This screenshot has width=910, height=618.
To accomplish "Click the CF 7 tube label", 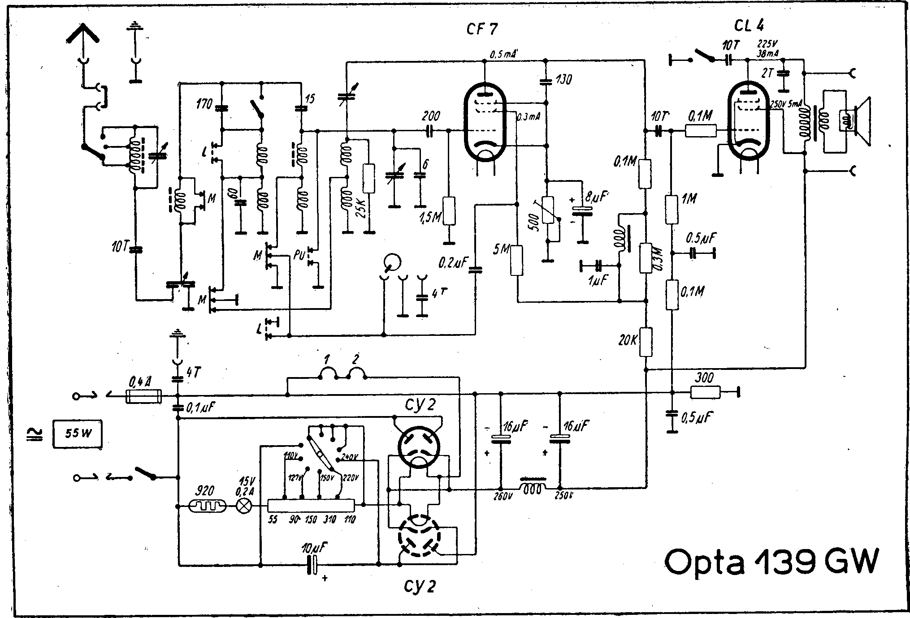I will pos(482,30).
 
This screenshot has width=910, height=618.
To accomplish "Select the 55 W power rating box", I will pos(77,433).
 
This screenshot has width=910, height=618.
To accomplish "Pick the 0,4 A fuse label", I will pos(140,383).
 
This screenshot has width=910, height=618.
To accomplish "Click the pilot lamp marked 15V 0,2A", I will pos(244,507).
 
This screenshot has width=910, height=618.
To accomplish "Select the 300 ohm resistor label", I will pos(704,378).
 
